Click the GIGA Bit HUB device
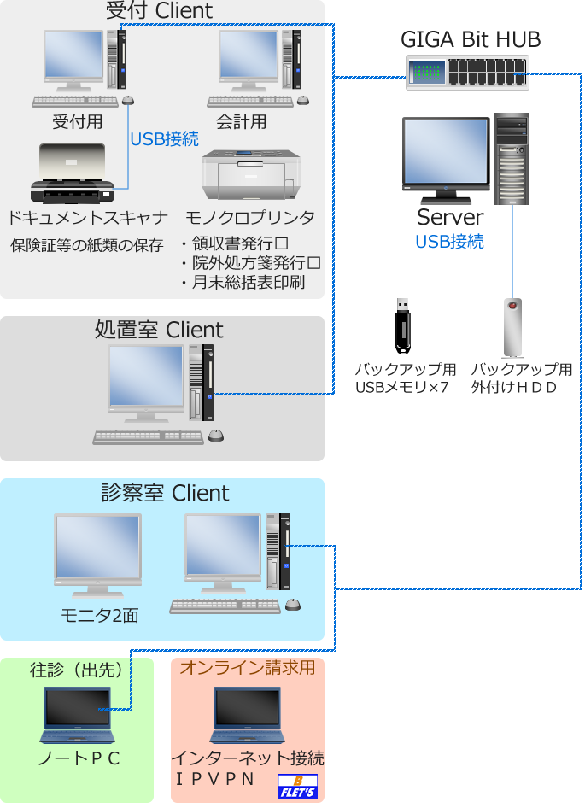coord(466,71)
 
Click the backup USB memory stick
coord(403,325)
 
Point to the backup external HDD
coord(512,327)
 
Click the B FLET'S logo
coord(298,786)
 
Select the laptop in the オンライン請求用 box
coord(247,716)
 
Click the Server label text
coord(450,217)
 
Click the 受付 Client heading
coord(160,11)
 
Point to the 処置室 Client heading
coord(160,331)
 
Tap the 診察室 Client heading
coord(165,493)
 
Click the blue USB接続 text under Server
coord(449,242)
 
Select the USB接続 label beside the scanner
coord(164,138)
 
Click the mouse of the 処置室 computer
coord(216,436)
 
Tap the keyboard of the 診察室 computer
coord(225,606)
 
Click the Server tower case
coord(512,159)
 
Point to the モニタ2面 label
coord(99,615)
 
